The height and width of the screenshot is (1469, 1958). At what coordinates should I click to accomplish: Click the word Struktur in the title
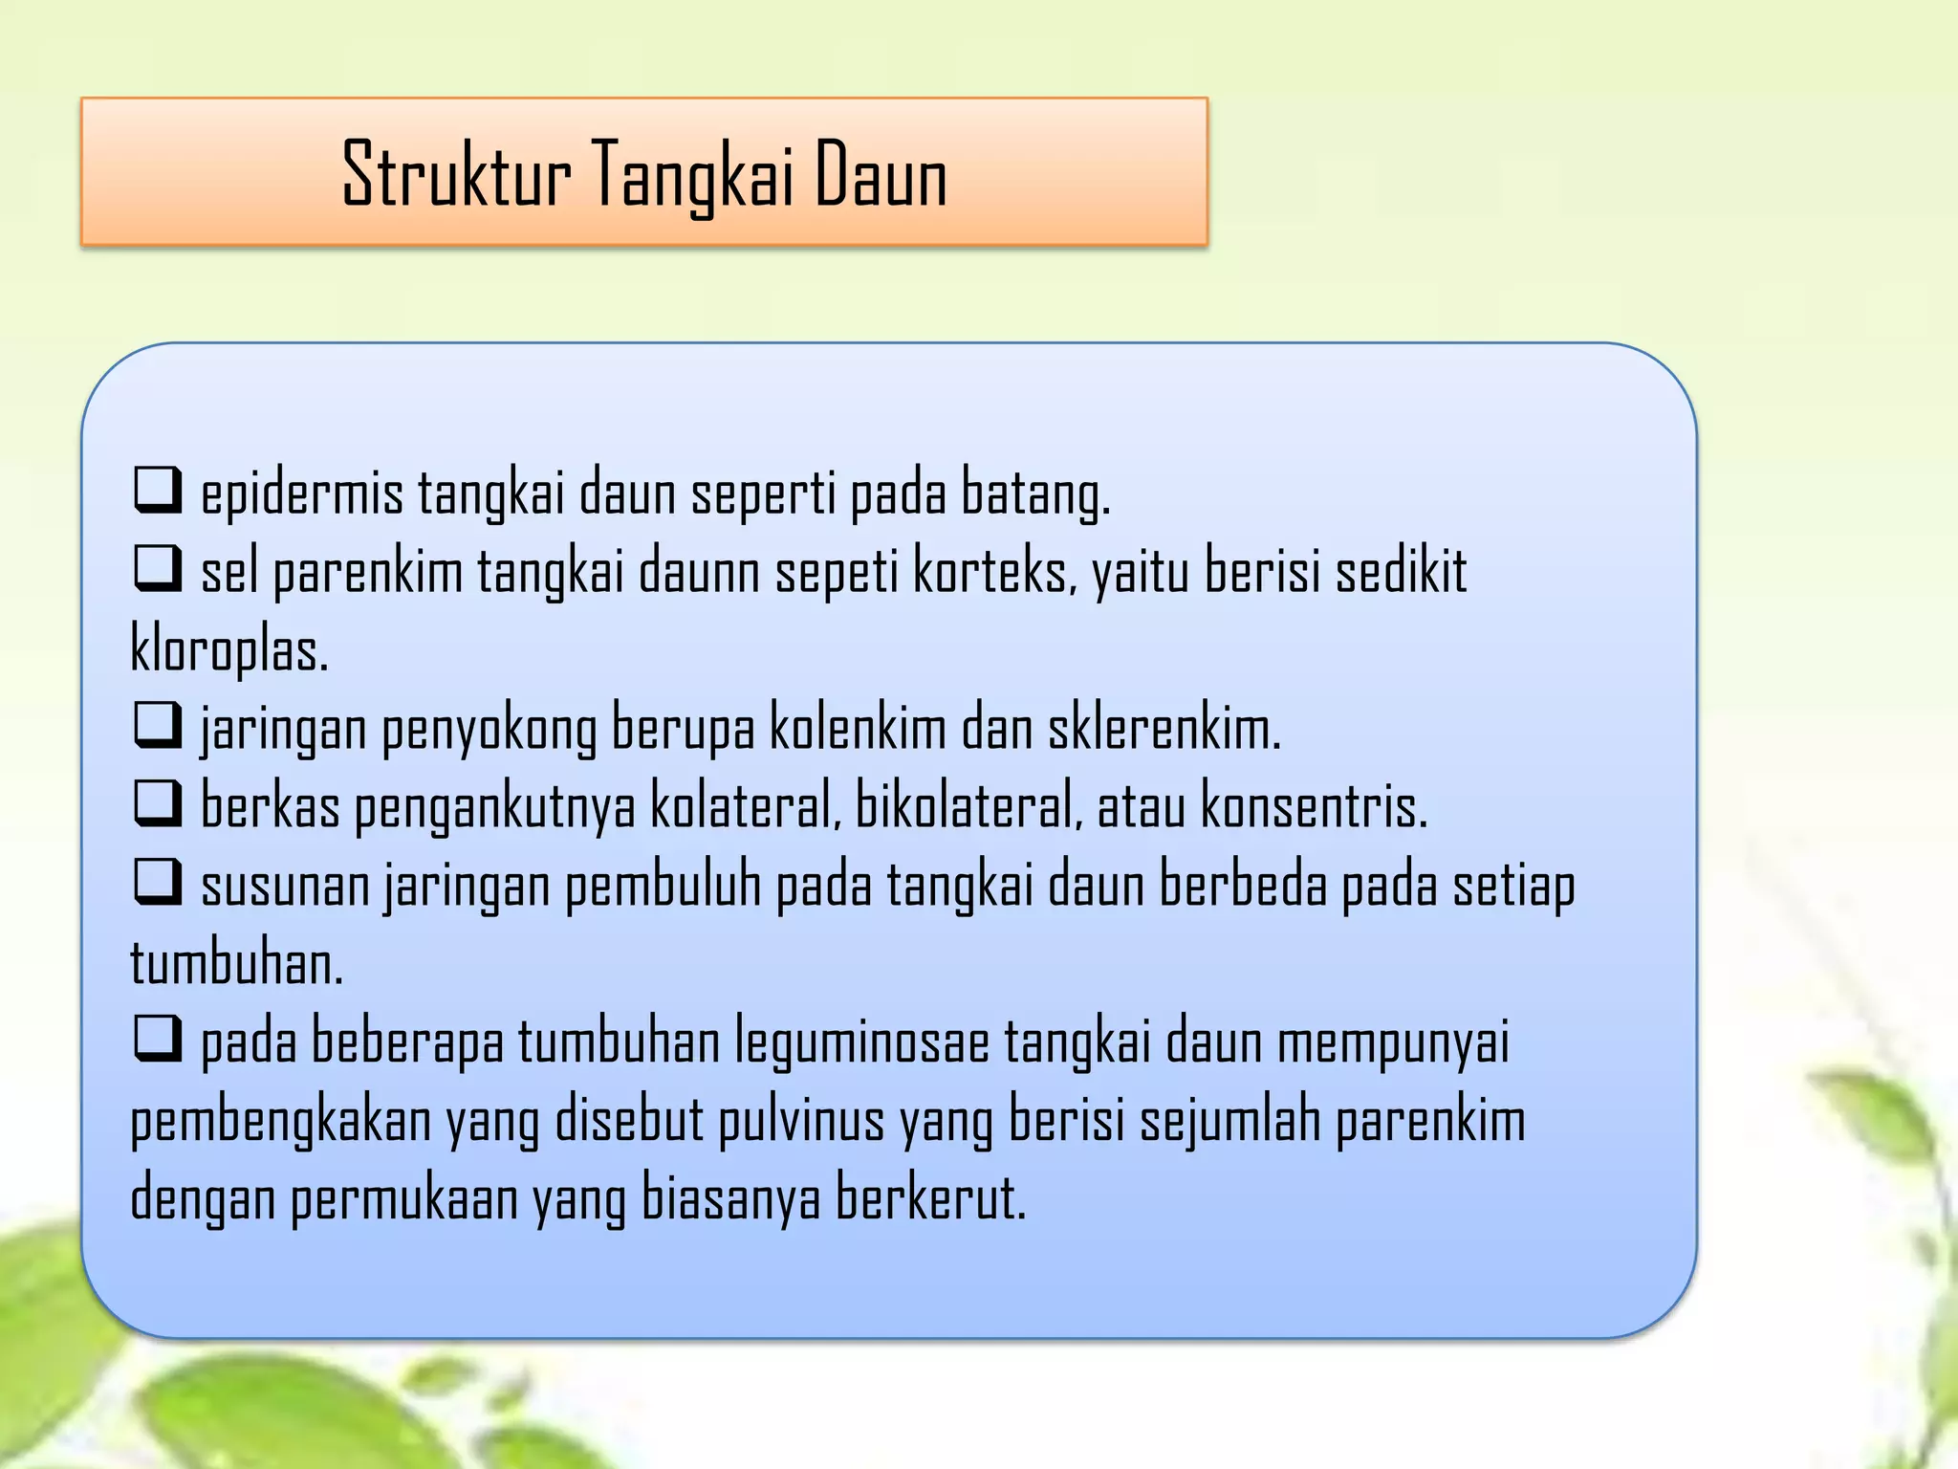[456, 175]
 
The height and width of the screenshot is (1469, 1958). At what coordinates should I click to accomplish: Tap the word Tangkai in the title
[692, 175]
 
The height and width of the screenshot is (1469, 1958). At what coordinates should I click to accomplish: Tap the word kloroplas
[229, 651]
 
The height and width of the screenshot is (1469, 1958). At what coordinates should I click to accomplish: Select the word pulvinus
[801, 1121]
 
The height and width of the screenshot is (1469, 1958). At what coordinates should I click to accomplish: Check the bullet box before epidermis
[158, 490]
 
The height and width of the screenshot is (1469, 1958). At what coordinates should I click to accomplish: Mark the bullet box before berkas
[158, 802]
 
